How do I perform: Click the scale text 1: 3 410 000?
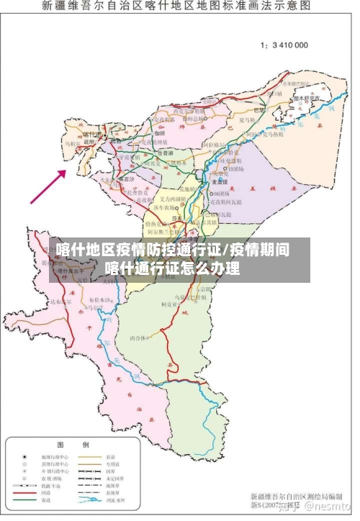coord(284,45)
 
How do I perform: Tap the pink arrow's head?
coord(66,172)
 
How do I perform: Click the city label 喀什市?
coord(92,134)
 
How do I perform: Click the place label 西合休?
coord(138,337)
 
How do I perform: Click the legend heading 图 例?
coord(73,444)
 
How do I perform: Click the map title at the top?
coord(176,6)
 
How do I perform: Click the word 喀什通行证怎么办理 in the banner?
coord(172,268)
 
